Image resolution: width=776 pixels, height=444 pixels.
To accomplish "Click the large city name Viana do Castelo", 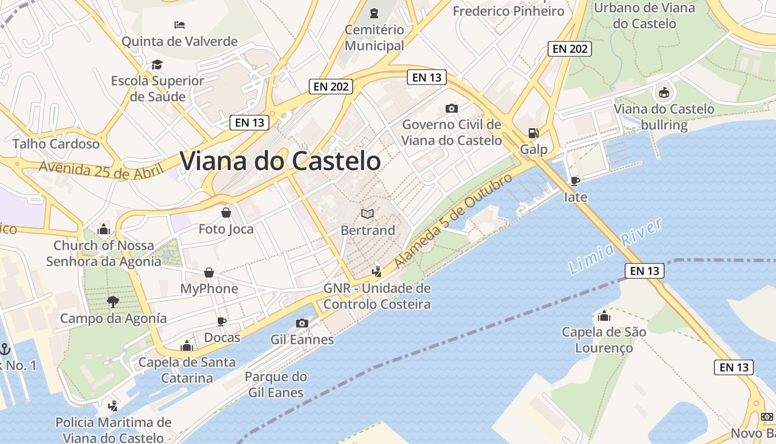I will click(280, 161).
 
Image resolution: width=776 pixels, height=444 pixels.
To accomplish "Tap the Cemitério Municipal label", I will click(374, 38).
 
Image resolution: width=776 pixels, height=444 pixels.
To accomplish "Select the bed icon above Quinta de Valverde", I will click(179, 25).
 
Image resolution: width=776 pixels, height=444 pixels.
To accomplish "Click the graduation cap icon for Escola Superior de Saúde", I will click(157, 64).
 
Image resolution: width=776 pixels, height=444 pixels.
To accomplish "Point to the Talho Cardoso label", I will click(56, 144).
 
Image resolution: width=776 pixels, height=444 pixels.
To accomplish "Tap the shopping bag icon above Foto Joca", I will click(226, 213).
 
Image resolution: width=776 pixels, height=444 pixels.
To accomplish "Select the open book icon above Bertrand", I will click(367, 214).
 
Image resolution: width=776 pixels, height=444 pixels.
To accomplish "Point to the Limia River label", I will click(616, 246).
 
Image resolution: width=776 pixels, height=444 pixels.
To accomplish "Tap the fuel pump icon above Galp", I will click(533, 133).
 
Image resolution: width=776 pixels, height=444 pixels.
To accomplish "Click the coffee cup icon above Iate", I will click(575, 181).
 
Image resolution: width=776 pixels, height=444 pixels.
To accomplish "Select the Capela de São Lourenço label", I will click(604, 340).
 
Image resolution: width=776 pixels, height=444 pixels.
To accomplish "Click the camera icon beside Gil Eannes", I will click(302, 323).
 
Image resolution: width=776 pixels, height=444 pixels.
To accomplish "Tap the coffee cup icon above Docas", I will click(222, 321).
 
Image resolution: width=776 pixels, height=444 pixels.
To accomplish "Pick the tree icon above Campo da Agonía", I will click(113, 302).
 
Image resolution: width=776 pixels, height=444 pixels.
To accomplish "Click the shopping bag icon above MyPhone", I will click(209, 273).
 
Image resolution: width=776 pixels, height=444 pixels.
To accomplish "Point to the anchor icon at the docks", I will click(5, 349).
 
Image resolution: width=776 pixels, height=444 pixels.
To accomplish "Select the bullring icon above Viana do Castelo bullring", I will click(663, 93).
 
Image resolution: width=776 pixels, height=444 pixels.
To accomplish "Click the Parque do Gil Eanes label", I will click(275, 385).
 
